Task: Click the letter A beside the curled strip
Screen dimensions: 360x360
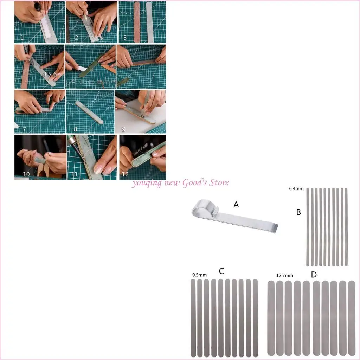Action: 236,204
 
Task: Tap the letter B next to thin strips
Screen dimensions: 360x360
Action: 298,212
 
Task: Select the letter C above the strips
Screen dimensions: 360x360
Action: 221,271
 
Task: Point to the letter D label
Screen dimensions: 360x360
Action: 314,275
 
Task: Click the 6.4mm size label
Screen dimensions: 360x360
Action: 296,189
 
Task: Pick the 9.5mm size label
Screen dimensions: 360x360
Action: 199,275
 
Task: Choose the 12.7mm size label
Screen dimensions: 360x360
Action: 284,275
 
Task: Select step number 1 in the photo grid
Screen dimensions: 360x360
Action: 22,37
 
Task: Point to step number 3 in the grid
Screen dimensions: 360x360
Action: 125,37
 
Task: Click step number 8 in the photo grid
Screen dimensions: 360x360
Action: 75,129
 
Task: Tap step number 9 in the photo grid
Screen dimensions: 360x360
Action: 123,129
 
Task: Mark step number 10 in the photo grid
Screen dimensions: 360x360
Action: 26,174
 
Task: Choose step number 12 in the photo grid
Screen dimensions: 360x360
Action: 125,174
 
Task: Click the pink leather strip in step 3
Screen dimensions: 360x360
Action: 137,22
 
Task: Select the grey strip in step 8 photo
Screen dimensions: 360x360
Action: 89,112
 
